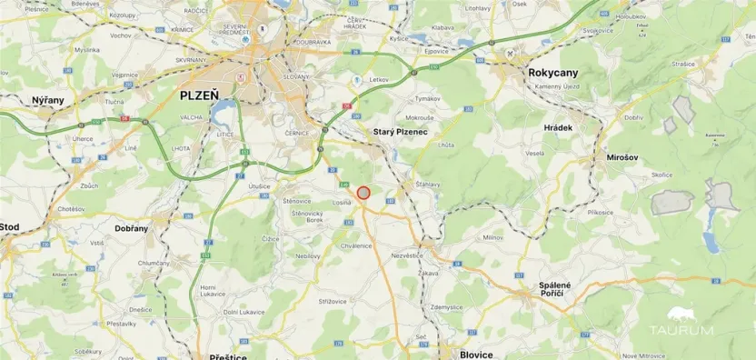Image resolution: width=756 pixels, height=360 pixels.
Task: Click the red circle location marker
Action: click(363, 193)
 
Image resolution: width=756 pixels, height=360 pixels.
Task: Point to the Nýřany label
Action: click(48, 99)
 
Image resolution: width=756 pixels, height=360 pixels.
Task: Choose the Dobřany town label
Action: click(131, 228)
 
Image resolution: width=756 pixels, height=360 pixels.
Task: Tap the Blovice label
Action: click(477, 354)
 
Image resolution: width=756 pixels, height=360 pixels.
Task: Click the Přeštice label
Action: click(227, 356)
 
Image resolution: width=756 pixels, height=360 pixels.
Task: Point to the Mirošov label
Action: click(624, 157)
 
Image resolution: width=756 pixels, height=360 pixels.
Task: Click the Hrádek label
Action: click(558, 128)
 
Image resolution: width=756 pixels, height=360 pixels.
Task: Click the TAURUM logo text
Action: click(691, 330)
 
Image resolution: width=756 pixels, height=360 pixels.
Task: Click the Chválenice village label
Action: click(355, 245)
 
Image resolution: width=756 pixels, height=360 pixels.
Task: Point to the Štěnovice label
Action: click(297, 200)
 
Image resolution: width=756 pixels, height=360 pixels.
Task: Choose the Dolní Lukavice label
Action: click(244, 312)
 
